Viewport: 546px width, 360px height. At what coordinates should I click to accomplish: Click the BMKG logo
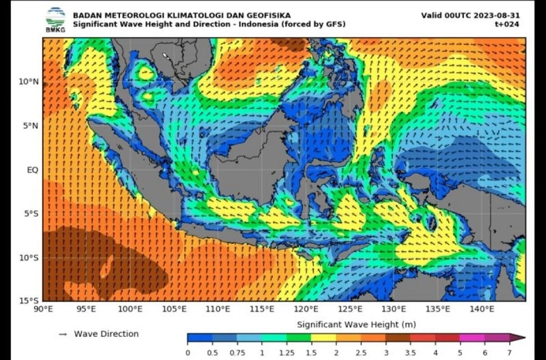pyautogui.click(x=55, y=19)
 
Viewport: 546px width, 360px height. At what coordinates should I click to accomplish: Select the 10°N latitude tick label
pyautogui.click(x=28, y=81)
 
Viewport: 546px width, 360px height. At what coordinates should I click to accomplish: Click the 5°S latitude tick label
pyautogui.click(x=30, y=213)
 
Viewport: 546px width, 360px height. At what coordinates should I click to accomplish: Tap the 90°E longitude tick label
pyautogui.click(x=43, y=309)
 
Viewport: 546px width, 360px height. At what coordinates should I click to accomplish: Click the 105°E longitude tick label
pyautogui.click(x=175, y=309)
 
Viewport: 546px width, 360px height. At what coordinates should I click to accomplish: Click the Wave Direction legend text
pyautogui.click(x=106, y=334)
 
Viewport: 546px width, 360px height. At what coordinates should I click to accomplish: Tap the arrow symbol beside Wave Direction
pyautogui.click(x=63, y=334)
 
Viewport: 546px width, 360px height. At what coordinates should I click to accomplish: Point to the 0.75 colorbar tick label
pyautogui.click(x=237, y=352)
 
